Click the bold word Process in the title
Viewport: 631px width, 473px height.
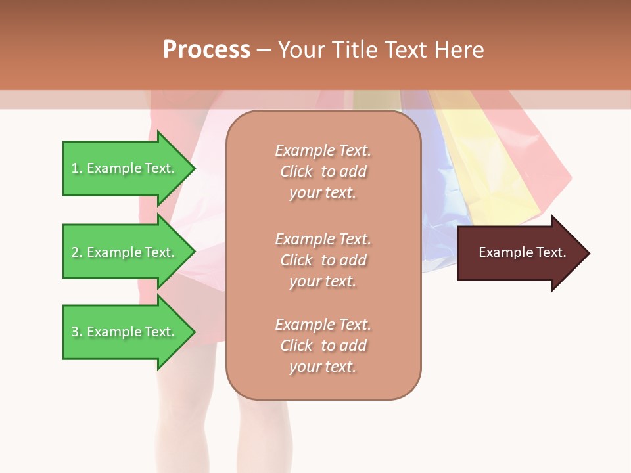[x=206, y=50]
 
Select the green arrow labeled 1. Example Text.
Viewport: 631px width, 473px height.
[x=125, y=168]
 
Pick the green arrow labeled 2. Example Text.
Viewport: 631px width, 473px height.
[x=125, y=252]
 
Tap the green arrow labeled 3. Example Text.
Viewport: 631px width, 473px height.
[x=125, y=332]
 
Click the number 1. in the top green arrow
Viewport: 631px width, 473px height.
[x=77, y=168]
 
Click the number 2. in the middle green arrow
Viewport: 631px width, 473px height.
[x=77, y=252]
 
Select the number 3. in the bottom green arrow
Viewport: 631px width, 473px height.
[x=77, y=332]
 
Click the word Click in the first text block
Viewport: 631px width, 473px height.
[x=296, y=171]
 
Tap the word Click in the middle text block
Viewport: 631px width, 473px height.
[x=296, y=260]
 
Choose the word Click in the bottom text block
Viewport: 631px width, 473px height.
[x=296, y=346]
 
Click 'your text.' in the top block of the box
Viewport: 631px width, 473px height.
[x=322, y=193]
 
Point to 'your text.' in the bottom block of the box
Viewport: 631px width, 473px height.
[x=322, y=367]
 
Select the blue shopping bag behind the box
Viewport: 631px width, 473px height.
[x=440, y=197]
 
